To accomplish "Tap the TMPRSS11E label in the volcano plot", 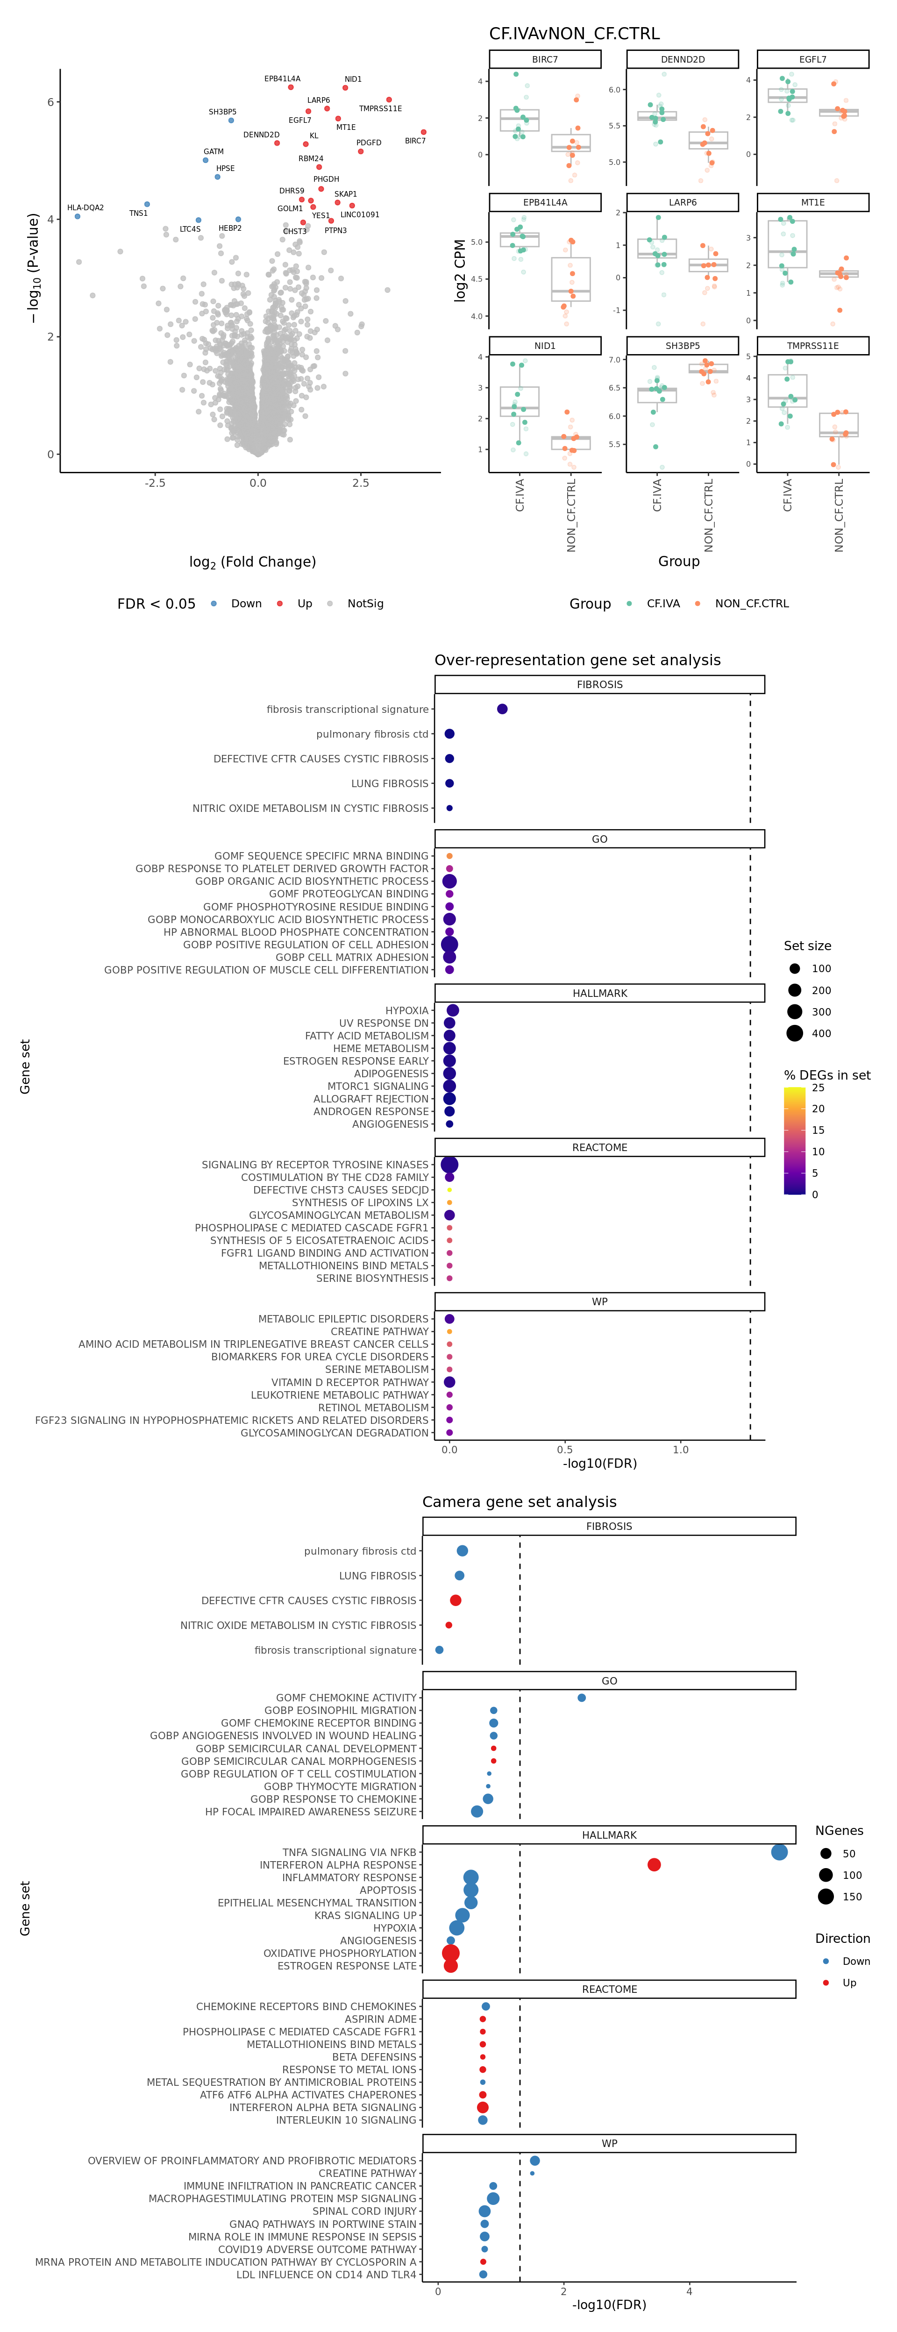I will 380,109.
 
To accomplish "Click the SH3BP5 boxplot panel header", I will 683,346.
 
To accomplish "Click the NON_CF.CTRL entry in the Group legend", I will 751,604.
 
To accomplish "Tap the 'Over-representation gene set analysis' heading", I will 577,660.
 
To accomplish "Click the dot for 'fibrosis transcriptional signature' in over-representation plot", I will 502,709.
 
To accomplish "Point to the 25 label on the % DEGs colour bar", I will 818,1087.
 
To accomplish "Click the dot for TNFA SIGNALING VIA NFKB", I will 779,1852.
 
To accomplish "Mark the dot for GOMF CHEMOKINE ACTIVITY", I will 581,1698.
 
